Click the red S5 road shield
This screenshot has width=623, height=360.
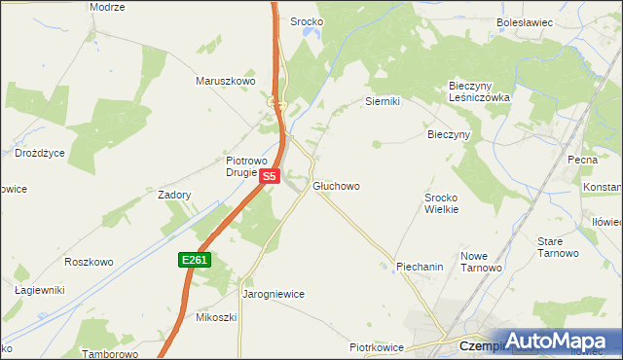click(271, 176)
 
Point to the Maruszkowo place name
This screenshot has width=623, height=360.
click(225, 82)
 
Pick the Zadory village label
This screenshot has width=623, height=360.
click(174, 195)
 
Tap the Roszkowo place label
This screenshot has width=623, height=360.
click(89, 262)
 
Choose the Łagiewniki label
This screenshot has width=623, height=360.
click(39, 290)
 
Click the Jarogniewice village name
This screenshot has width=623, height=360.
click(274, 293)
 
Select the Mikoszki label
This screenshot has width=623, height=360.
click(216, 317)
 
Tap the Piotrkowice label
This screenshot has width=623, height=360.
click(376, 346)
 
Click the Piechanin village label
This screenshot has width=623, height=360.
click(420, 266)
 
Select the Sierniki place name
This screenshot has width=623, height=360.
click(383, 101)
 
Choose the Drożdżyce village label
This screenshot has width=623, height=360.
click(40, 153)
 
